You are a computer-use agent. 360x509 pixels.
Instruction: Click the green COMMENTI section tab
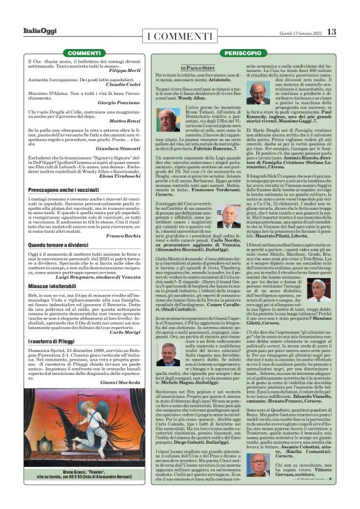pyautogui.click(x=67, y=53)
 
